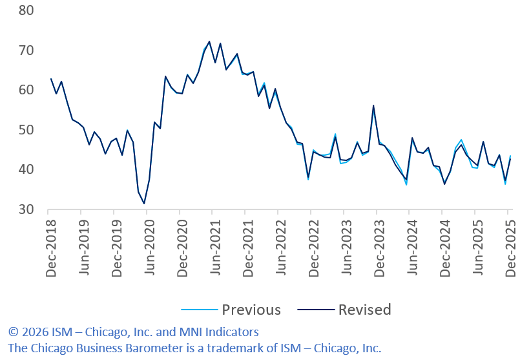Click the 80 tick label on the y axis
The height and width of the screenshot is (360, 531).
pyautogui.click(x=25, y=11)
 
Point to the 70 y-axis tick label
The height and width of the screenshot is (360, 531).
pyautogui.click(x=25, y=50)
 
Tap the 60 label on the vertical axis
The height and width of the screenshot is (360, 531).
pyautogui.click(x=25, y=90)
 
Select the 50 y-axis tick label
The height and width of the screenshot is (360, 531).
pyautogui.click(x=25, y=130)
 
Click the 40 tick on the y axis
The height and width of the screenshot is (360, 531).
pyautogui.click(x=25, y=170)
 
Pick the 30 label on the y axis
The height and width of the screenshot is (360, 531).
pyautogui.click(x=25, y=210)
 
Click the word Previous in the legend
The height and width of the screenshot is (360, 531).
pyautogui.click(x=251, y=310)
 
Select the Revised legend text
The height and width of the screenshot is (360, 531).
pyautogui.click(x=364, y=310)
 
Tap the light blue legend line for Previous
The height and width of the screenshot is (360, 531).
pyautogui.click(x=195, y=310)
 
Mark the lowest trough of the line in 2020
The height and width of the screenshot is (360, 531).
pyautogui.click(x=144, y=204)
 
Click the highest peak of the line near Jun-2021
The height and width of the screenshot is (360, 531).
pyautogui.click(x=209, y=41)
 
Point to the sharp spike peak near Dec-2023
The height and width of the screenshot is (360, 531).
pyautogui.click(x=373, y=105)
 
